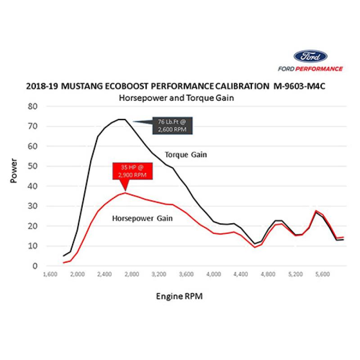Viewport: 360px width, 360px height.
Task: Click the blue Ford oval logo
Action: point(310,57)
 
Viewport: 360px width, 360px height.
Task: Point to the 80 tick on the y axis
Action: point(32,107)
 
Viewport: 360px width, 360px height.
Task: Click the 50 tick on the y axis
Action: point(32,166)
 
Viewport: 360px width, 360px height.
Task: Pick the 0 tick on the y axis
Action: point(34,266)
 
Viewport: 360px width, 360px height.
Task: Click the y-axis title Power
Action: point(14,170)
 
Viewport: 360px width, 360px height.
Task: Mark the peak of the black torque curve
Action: point(121,119)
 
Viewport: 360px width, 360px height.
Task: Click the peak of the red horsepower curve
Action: point(125,193)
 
